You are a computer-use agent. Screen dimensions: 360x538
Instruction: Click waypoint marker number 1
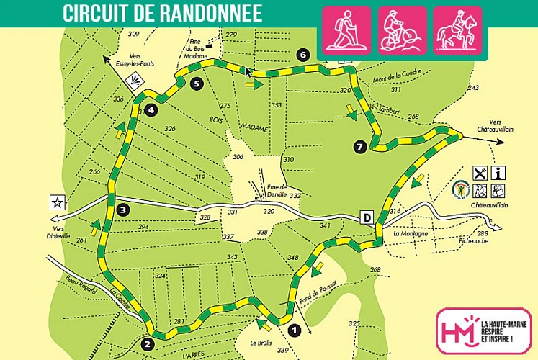point(294,330)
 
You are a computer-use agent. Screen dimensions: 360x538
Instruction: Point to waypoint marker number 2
point(148,344)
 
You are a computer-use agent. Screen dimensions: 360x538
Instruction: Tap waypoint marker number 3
point(123,210)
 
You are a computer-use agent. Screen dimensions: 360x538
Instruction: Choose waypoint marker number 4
point(151,110)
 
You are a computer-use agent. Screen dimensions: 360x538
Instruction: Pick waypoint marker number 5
point(197,84)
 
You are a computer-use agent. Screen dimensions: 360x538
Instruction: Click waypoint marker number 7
point(360,147)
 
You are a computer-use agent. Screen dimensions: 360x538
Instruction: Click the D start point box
point(367,217)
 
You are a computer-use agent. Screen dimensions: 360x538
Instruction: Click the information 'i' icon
point(498,173)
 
